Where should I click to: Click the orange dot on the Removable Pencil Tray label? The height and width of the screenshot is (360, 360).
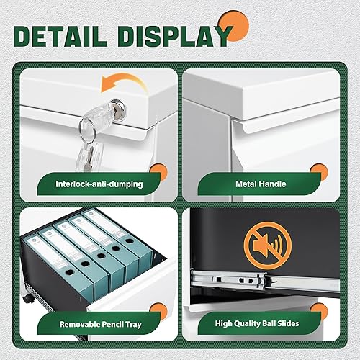pyautogui.click(x=156, y=311)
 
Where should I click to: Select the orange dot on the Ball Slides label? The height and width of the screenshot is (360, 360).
pyautogui.click(x=315, y=312)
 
